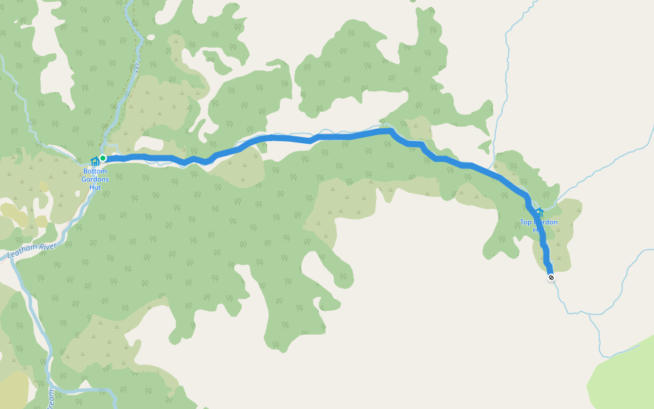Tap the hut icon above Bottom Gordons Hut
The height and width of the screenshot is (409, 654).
(94, 162)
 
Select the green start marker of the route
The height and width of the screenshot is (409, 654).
(103, 158)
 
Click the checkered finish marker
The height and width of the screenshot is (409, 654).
(551, 277)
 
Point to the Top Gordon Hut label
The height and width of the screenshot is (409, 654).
(538, 226)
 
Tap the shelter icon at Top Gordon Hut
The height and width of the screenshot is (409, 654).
(539, 212)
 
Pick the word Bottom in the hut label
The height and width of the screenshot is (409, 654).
(95, 170)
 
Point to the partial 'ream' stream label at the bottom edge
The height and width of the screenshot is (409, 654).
(51, 396)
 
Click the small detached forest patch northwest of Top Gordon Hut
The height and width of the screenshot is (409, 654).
(484, 147)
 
